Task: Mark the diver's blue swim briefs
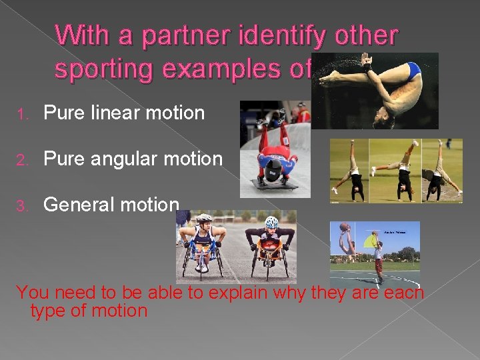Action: coord(407,69)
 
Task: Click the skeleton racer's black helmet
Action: coord(274,171)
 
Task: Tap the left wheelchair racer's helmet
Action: coord(205,219)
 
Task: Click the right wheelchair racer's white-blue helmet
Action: coord(271,221)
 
